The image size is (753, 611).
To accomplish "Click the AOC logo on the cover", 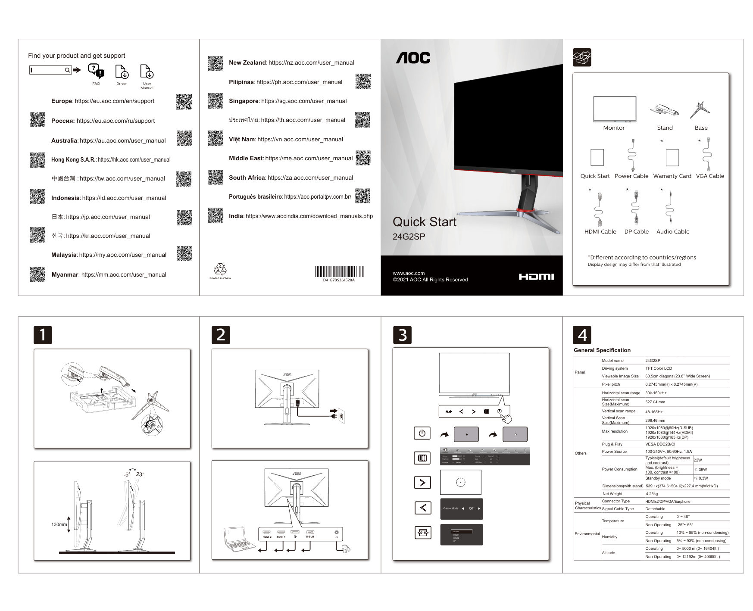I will click(413, 58).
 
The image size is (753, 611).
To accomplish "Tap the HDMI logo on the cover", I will click(536, 277).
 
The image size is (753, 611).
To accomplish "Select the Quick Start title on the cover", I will click(424, 222).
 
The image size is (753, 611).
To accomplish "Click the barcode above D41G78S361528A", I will click(339, 271).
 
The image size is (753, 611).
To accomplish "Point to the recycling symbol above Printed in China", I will click(220, 269).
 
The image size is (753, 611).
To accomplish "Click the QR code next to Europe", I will click(184, 102).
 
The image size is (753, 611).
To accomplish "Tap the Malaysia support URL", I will click(123, 255).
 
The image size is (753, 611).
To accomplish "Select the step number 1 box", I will click(43, 335).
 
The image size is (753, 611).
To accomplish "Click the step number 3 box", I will click(402, 335).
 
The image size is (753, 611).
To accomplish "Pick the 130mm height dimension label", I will click(59, 524).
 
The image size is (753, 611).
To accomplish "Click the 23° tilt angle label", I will click(140, 474).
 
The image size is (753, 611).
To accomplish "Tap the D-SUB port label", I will click(310, 537).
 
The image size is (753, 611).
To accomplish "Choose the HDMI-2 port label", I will click(267, 537).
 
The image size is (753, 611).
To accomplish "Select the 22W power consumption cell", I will click(698, 460).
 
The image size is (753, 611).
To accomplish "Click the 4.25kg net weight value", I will click(651, 494).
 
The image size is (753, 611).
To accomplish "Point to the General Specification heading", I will click(602, 350).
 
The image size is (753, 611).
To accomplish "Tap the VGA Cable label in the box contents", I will click(710, 176).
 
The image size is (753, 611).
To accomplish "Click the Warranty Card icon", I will click(672, 158).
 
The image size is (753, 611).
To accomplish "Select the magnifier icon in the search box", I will click(68, 70).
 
